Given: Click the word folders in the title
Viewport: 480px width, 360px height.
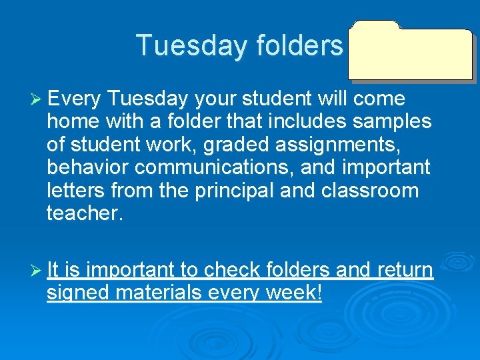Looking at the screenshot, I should click(x=298, y=45).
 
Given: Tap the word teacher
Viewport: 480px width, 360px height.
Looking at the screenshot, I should click(x=85, y=213).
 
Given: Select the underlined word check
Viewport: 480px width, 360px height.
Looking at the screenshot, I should click(x=231, y=270).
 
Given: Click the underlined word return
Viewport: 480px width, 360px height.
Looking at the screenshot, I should click(x=405, y=271).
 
